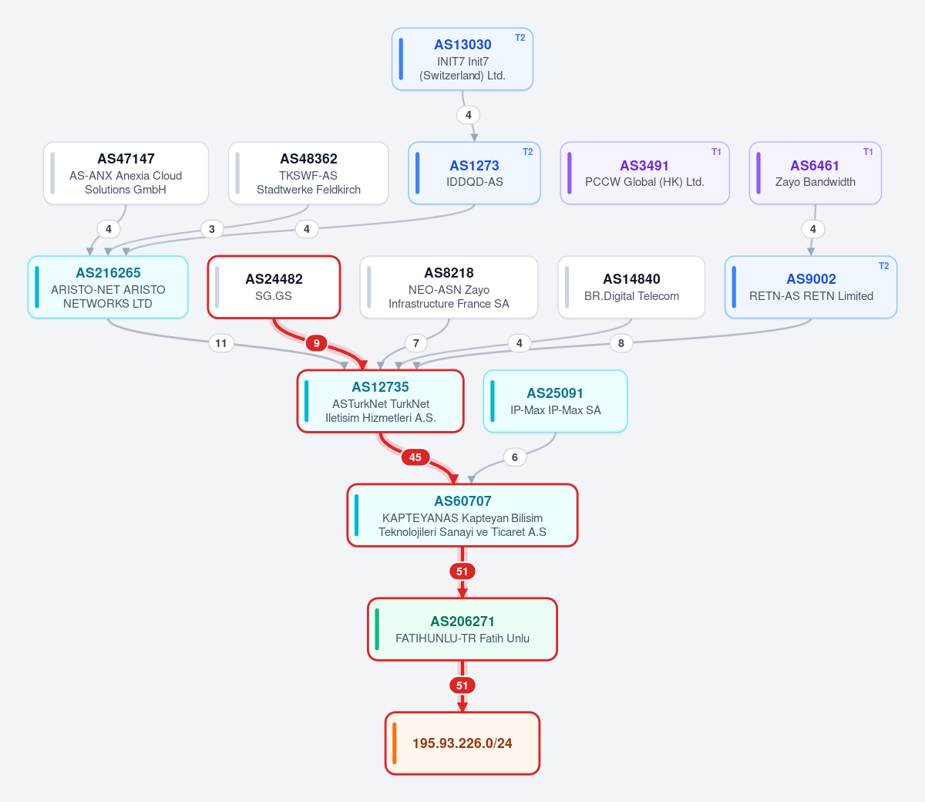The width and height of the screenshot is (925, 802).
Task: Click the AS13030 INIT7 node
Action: [462, 59]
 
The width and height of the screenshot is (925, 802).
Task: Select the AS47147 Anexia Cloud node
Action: [126, 174]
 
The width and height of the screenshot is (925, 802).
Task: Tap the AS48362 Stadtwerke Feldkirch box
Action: [308, 174]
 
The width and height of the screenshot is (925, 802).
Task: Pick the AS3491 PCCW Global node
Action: [645, 174]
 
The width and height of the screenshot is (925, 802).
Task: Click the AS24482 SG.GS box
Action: [274, 287]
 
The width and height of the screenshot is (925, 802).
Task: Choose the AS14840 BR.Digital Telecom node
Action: [631, 287]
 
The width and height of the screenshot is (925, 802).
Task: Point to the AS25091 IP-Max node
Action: [555, 401]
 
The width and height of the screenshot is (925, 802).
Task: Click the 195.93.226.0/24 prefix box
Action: [462, 743]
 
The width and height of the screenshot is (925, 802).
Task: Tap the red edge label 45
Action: [415, 457]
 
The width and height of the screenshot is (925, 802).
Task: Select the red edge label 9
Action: [316, 343]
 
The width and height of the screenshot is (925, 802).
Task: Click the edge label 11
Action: [221, 343]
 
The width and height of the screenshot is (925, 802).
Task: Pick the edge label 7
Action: [415, 343]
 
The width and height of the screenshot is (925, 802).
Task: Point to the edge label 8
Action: [621, 343]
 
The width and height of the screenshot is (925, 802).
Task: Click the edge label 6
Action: [515, 457]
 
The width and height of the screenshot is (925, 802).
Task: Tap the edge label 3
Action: [212, 229]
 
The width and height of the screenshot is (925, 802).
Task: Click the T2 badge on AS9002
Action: [884, 266]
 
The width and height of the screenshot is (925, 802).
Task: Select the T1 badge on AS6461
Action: [868, 152]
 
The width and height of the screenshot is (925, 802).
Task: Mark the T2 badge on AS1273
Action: [527, 152]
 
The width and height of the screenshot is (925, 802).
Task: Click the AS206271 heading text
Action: [462, 621]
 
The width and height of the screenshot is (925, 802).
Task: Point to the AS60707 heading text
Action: [462, 500]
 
